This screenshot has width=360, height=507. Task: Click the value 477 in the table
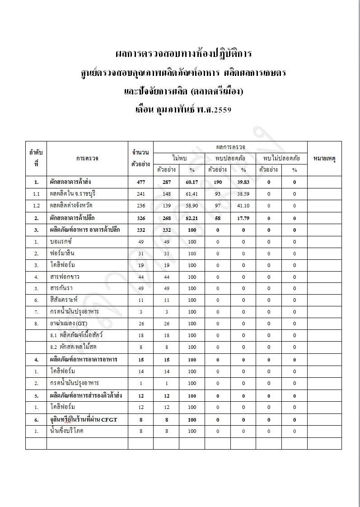(141, 182)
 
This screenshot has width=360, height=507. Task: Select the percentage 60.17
(192, 182)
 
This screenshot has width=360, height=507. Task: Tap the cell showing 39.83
(243, 182)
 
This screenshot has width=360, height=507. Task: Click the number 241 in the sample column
(141, 194)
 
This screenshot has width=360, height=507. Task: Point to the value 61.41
(192, 194)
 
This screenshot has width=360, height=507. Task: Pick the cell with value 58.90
(192, 206)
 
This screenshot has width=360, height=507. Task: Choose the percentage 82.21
(192, 218)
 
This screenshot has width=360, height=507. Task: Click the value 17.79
(243, 218)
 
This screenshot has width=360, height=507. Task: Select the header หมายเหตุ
(324, 159)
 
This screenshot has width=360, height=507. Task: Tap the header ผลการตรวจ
(230, 147)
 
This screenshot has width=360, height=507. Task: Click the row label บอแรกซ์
(62, 241)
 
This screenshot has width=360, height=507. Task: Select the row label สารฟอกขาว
(65, 277)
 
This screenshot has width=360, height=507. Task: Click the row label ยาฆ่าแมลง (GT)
(69, 324)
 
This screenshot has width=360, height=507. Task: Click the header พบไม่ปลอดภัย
(281, 158)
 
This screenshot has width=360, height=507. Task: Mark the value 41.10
(243, 206)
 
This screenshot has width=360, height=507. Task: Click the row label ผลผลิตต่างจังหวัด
(71, 206)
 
